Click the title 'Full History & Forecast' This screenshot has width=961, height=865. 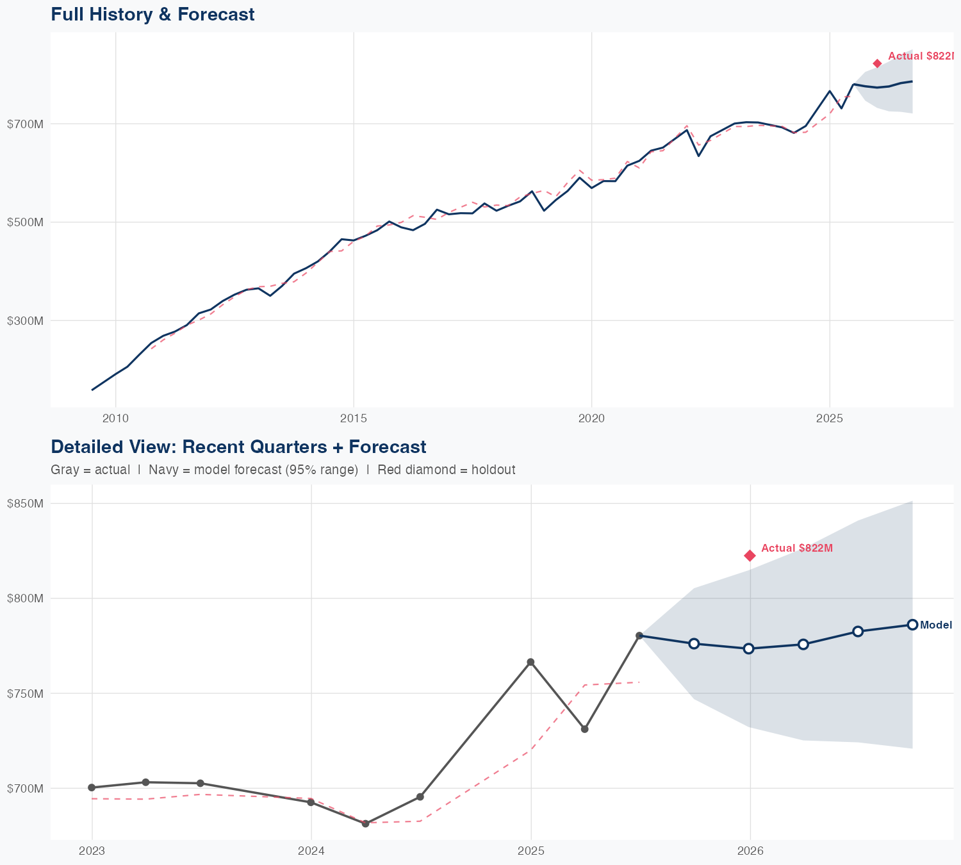[152, 14]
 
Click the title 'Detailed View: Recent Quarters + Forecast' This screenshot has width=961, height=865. [238, 447]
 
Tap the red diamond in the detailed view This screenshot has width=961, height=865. [750, 556]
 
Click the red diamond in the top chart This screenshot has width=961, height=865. [877, 63]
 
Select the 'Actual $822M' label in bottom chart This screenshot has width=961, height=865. [797, 548]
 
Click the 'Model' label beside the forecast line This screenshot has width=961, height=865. [935, 625]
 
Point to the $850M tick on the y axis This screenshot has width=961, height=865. [25, 504]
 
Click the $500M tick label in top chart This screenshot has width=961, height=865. [25, 222]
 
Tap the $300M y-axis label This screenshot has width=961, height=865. [25, 320]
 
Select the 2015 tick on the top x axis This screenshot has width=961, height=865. [353, 418]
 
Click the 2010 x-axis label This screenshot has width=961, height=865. [115, 418]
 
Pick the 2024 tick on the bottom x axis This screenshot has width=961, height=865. [311, 851]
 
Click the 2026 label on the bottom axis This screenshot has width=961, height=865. [750, 851]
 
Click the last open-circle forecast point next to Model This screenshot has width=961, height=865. [912, 625]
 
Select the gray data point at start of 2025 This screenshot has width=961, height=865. [530, 662]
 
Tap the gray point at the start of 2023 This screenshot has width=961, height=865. [92, 787]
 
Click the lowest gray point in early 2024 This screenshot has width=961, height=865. [365, 823]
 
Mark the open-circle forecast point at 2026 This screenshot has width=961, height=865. [748, 648]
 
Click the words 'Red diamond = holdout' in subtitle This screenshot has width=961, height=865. [447, 470]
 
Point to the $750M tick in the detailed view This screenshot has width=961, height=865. [25, 693]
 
